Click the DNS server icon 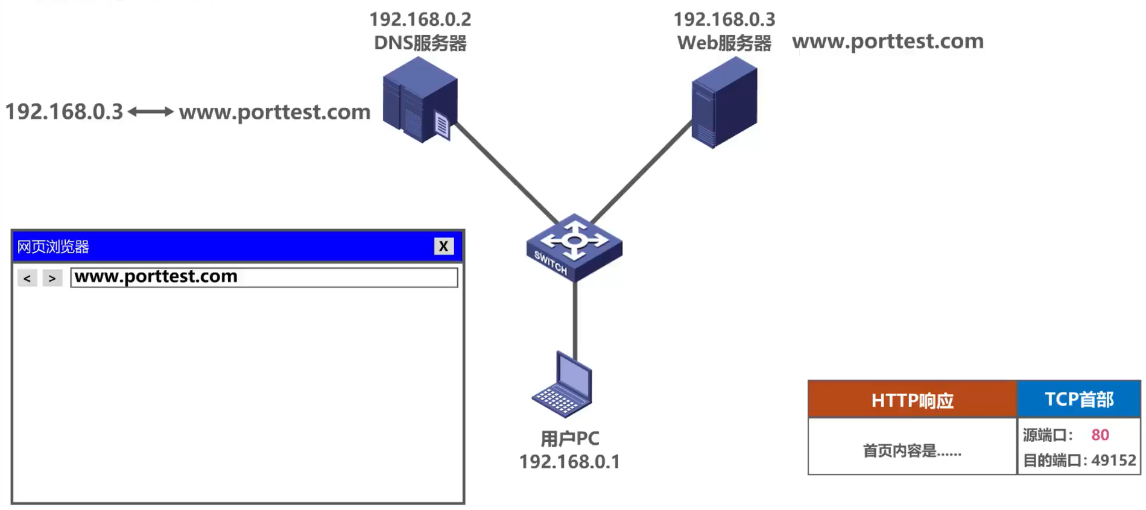click(420, 100)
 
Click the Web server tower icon click(724, 102)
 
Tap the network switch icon click(574, 247)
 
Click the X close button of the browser click(443, 246)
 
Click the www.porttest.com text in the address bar click(156, 277)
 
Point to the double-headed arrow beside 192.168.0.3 click(151, 112)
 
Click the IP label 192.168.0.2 click(420, 19)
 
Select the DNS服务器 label click(420, 43)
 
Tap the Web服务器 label click(724, 43)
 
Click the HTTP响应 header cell click(911, 400)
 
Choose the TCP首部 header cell click(1078, 399)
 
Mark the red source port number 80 click(1100, 435)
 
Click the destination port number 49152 click(1113, 461)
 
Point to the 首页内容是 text click(911, 450)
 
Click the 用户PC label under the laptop click(569, 439)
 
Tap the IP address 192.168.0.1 click(569, 462)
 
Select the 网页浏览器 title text click(53, 247)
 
